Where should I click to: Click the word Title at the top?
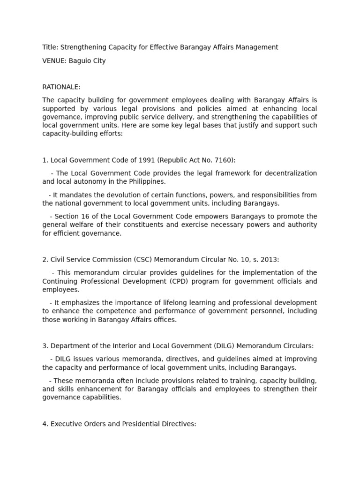(49, 47)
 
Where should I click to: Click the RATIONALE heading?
(61, 87)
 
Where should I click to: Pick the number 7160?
(223, 160)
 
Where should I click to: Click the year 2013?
(270, 260)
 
